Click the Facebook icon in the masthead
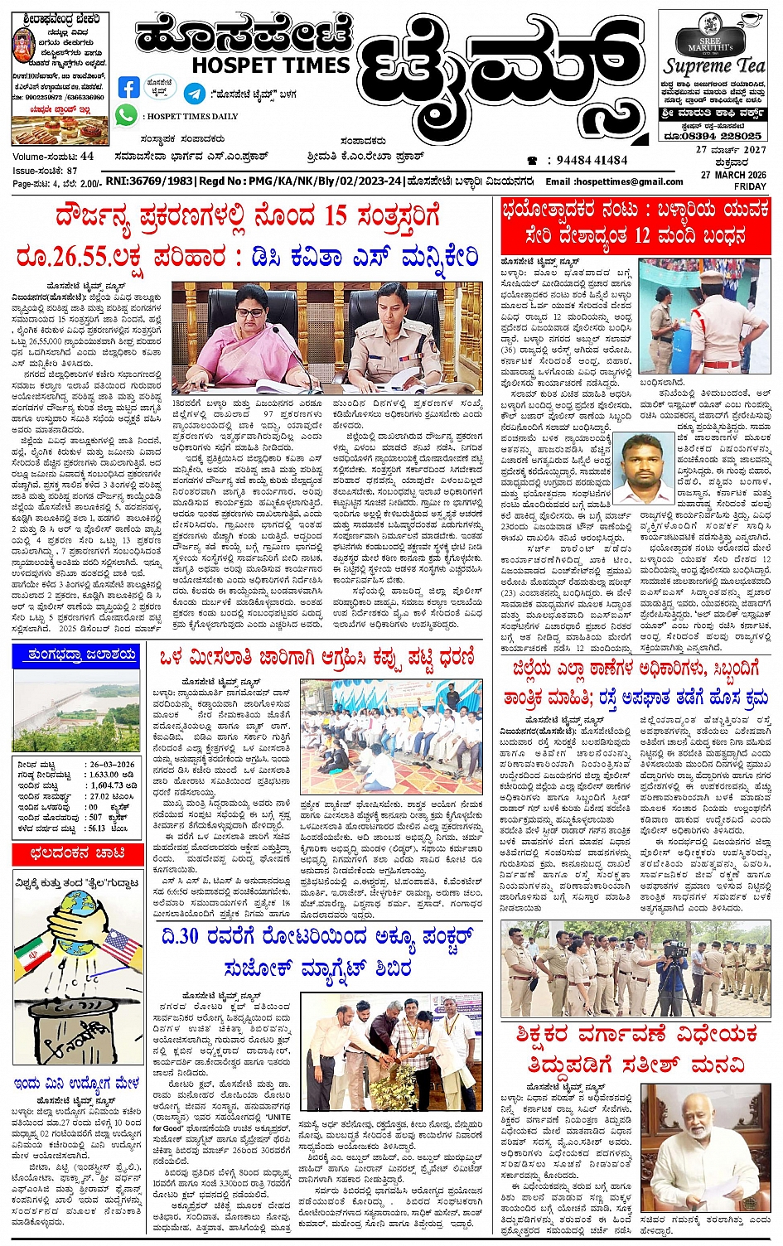(128, 88)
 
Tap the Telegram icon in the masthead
(195, 93)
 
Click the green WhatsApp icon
(127, 115)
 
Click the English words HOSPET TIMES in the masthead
(271, 65)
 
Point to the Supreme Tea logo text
(714, 66)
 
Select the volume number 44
(87, 156)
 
